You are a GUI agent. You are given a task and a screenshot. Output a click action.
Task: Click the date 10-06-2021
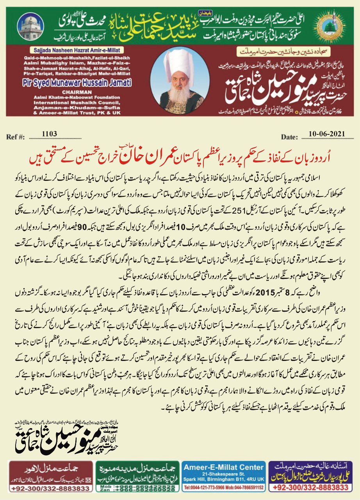tap(326, 134)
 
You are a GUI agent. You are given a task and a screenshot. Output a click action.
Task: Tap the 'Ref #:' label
tap(16, 137)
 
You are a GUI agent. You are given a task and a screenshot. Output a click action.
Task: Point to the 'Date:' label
tap(290, 137)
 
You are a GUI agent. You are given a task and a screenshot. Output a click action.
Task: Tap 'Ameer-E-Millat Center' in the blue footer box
tap(224, 467)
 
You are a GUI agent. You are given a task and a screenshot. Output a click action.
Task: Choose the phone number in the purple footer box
tap(310, 488)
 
